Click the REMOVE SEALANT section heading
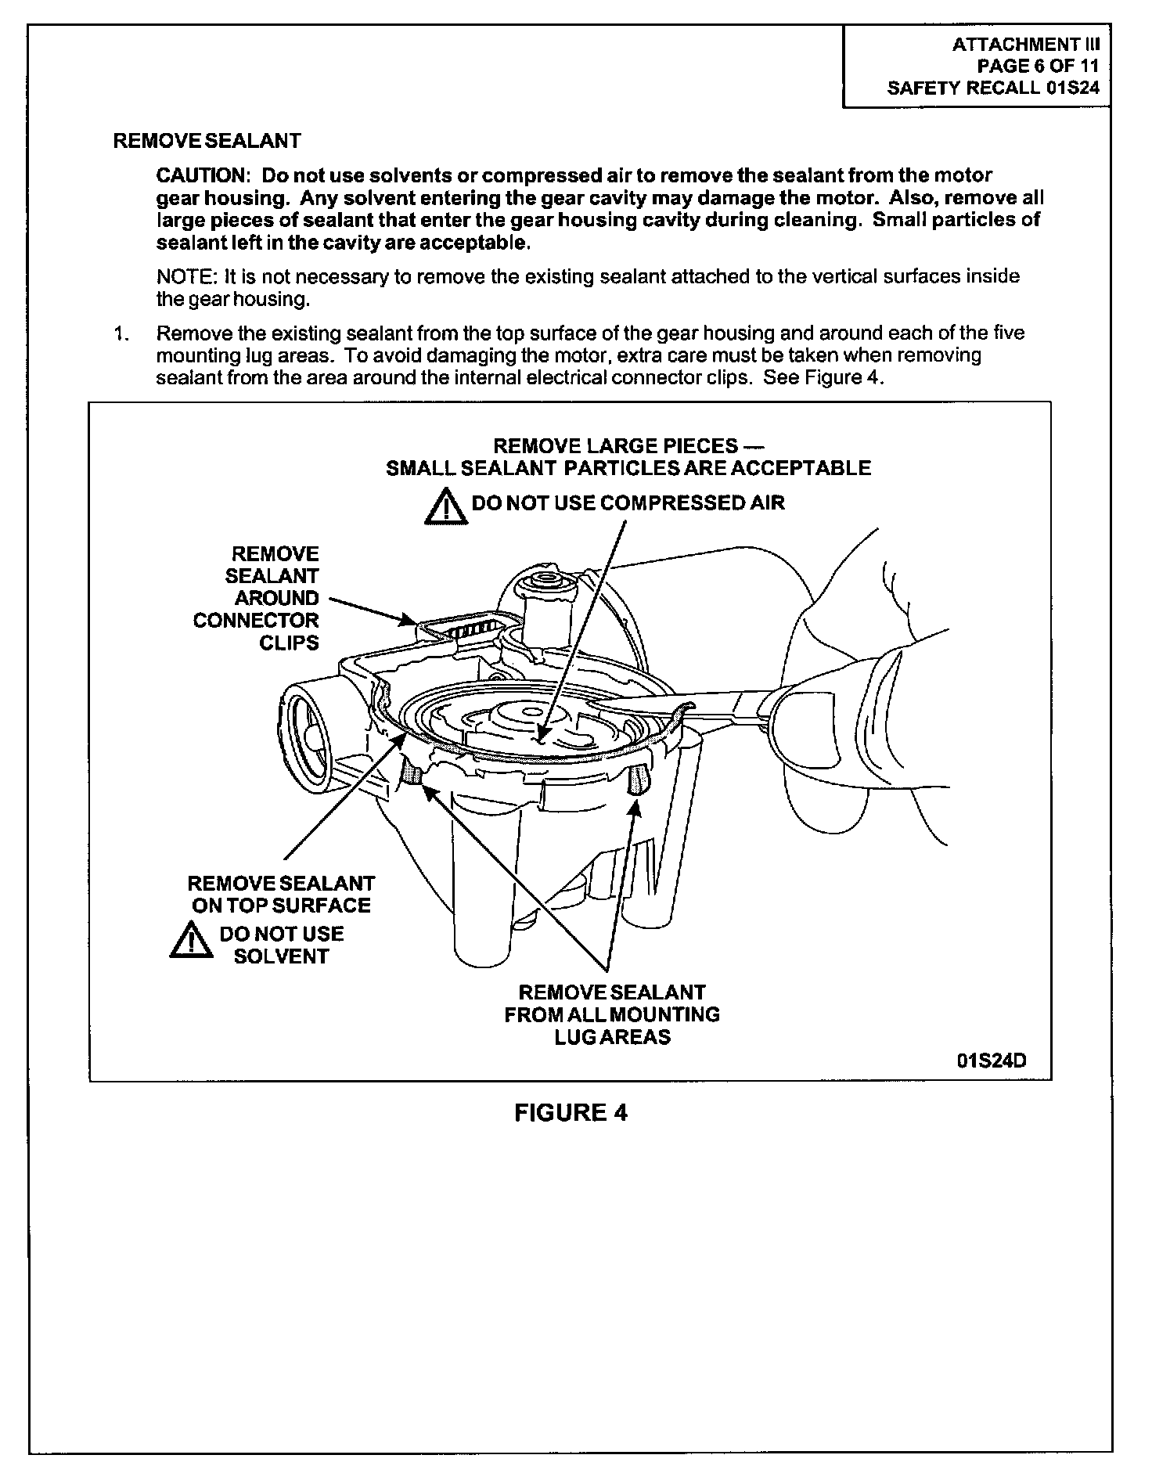click(x=207, y=141)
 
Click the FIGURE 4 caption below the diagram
click(x=571, y=1112)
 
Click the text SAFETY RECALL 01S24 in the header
click(x=993, y=88)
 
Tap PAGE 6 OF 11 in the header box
click(x=1038, y=67)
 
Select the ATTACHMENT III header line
click(x=1025, y=45)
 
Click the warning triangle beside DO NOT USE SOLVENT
click(x=192, y=940)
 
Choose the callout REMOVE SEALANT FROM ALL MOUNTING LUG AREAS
click(x=612, y=1014)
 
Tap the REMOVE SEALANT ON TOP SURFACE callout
click(x=281, y=894)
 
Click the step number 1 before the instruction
click(x=121, y=333)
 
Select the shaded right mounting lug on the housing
click(x=638, y=780)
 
